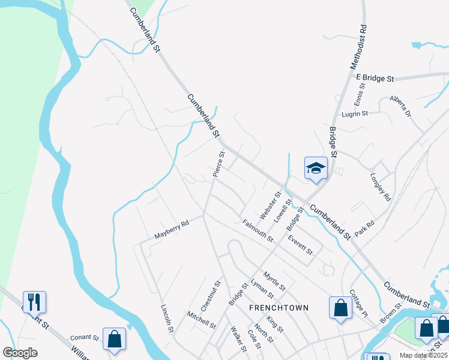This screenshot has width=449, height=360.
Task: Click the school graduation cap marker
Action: tap(315, 169)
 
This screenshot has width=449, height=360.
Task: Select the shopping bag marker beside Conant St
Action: tap(114, 338)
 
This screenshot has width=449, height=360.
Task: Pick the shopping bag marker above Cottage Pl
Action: tap(340, 308)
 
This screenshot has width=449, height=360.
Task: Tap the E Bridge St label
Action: tap(375, 79)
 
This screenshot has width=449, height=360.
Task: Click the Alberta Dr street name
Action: tap(400, 106)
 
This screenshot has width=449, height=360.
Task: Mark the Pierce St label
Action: tap(218, 164)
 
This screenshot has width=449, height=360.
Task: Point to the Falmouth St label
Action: tap(258, 231)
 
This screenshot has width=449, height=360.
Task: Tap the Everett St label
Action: tap(300, 244)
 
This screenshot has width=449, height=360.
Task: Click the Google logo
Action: tap(20, 353)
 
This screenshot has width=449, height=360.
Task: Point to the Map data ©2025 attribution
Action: tap(423, 355)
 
